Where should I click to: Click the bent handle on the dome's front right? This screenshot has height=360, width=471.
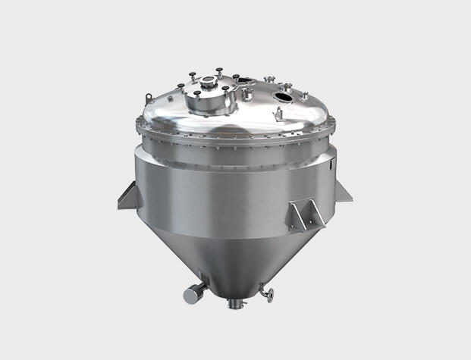point(278,114)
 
